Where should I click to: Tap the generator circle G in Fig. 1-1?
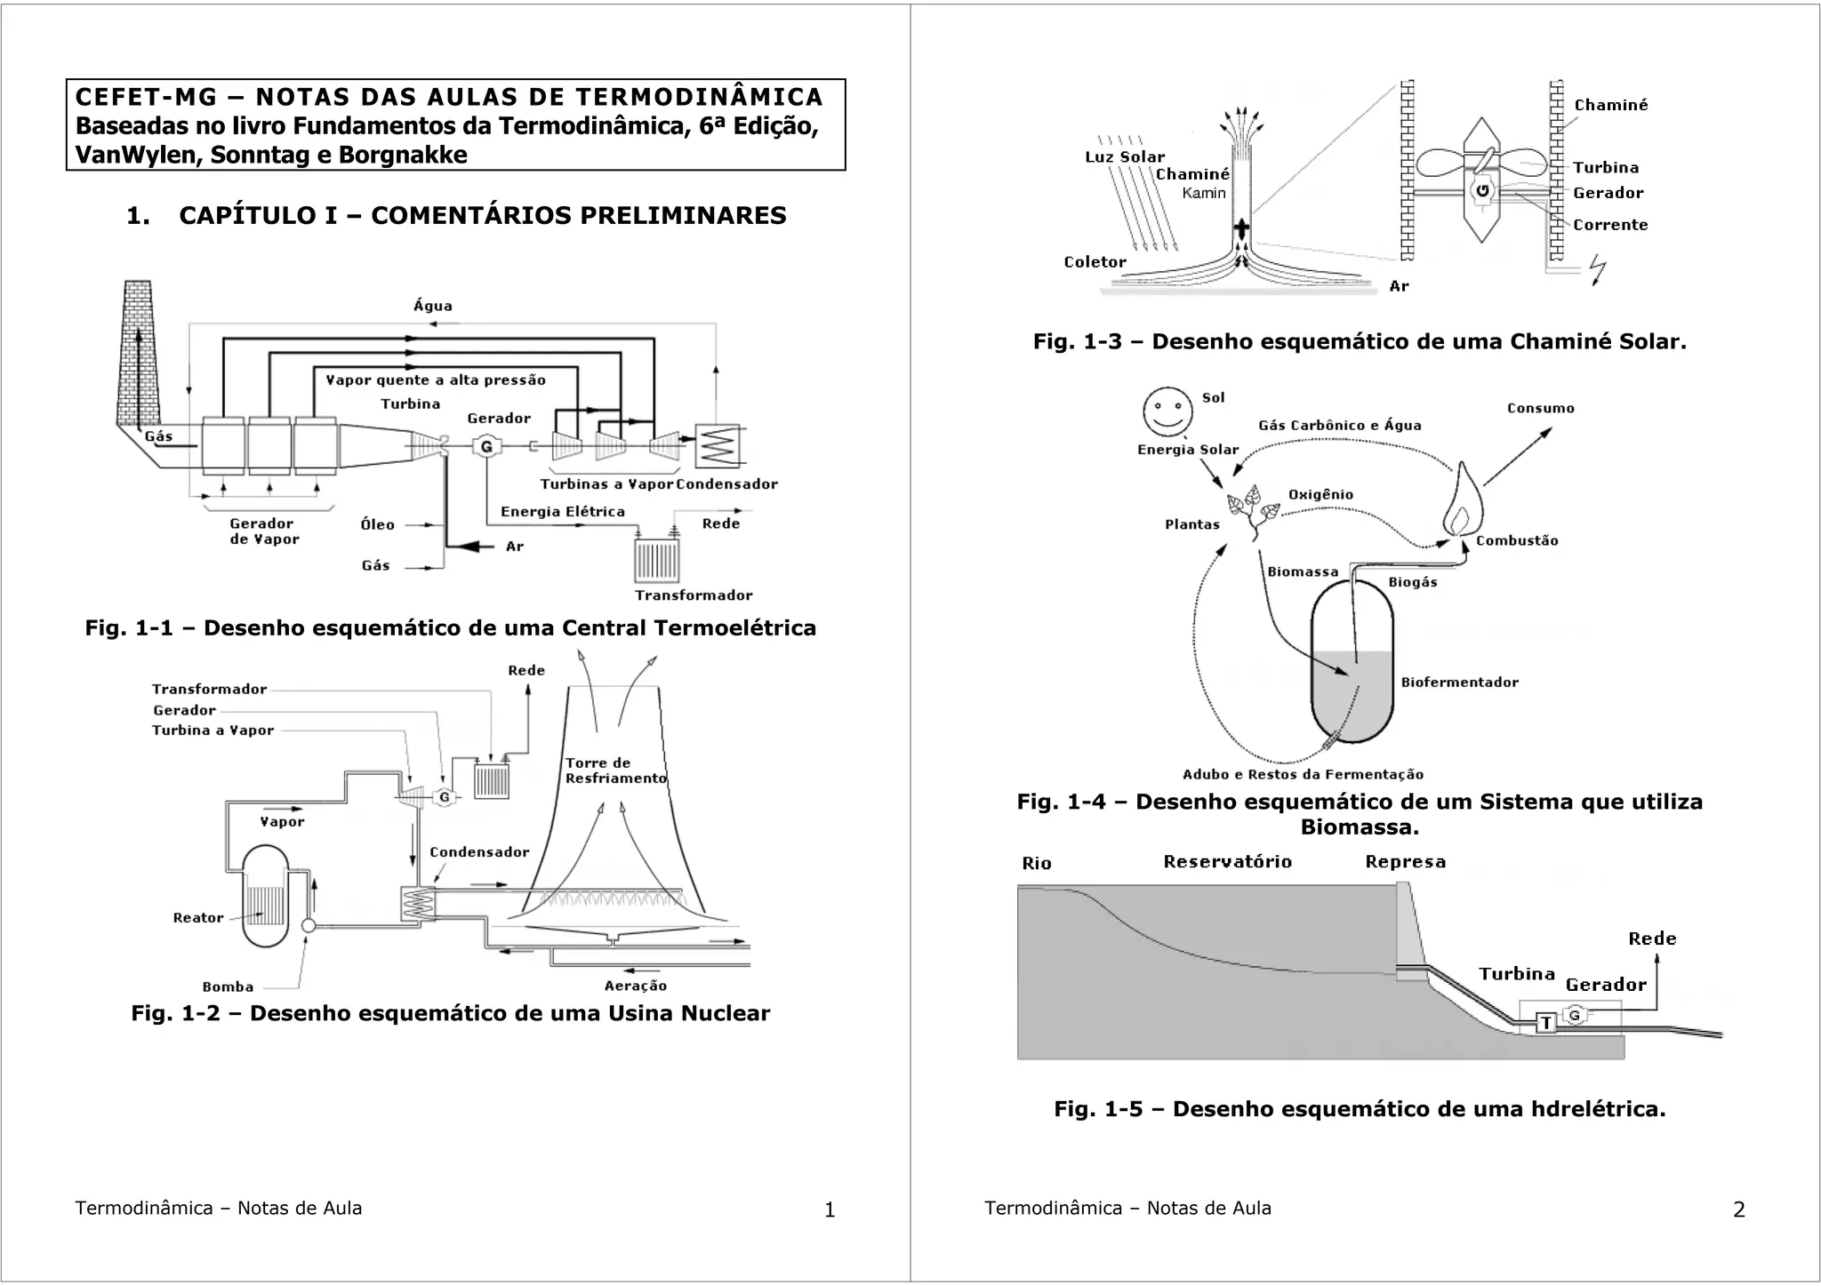(x=486, y=447)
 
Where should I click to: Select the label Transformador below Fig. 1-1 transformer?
(x=694, y=595)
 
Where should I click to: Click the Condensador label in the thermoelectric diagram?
(x=726, y=484)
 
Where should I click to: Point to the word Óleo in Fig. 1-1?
(x=378, y=525)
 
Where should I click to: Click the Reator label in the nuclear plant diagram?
(x=198, y=918)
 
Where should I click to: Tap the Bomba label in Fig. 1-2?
(x=229, y=986)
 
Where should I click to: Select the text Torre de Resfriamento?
(x=615, y=771)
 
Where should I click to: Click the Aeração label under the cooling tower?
(x=635, y=986)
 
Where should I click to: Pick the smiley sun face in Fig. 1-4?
(x=1167, y=411)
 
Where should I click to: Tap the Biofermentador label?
(x=1459, y=683)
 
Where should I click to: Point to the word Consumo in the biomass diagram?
(x=1540, y=409)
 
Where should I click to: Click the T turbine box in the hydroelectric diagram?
(x=1546, y=1023)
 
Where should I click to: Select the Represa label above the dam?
(x=1405, y=862)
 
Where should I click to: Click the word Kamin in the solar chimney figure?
(x=1204, y=194)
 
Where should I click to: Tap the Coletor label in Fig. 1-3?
(x=1095, y=262)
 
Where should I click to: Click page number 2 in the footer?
(x=1739, y=1210)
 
